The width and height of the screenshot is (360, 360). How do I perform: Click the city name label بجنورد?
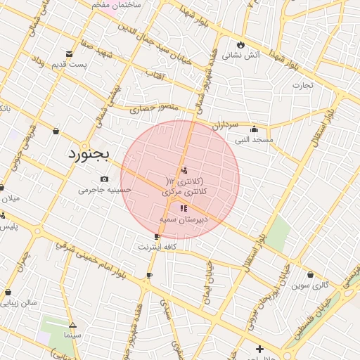90,154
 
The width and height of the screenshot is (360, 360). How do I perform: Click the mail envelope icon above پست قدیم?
69,54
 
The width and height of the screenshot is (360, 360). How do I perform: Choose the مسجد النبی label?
254,140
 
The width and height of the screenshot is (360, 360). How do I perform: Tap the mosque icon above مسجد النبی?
254,129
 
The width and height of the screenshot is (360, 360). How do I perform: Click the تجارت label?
302,85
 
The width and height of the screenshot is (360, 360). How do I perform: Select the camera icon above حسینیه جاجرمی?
105,179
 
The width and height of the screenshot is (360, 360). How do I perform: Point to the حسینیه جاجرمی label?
105,189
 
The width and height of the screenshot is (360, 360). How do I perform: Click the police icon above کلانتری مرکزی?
184,169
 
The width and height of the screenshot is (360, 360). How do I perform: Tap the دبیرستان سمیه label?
184,219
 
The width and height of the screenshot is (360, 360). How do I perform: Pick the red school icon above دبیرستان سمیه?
184,208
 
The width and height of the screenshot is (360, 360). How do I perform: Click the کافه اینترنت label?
156,247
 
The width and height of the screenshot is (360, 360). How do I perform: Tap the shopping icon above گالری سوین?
311,274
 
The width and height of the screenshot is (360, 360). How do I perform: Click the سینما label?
72,335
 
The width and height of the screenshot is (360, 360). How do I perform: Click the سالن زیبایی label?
22,303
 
